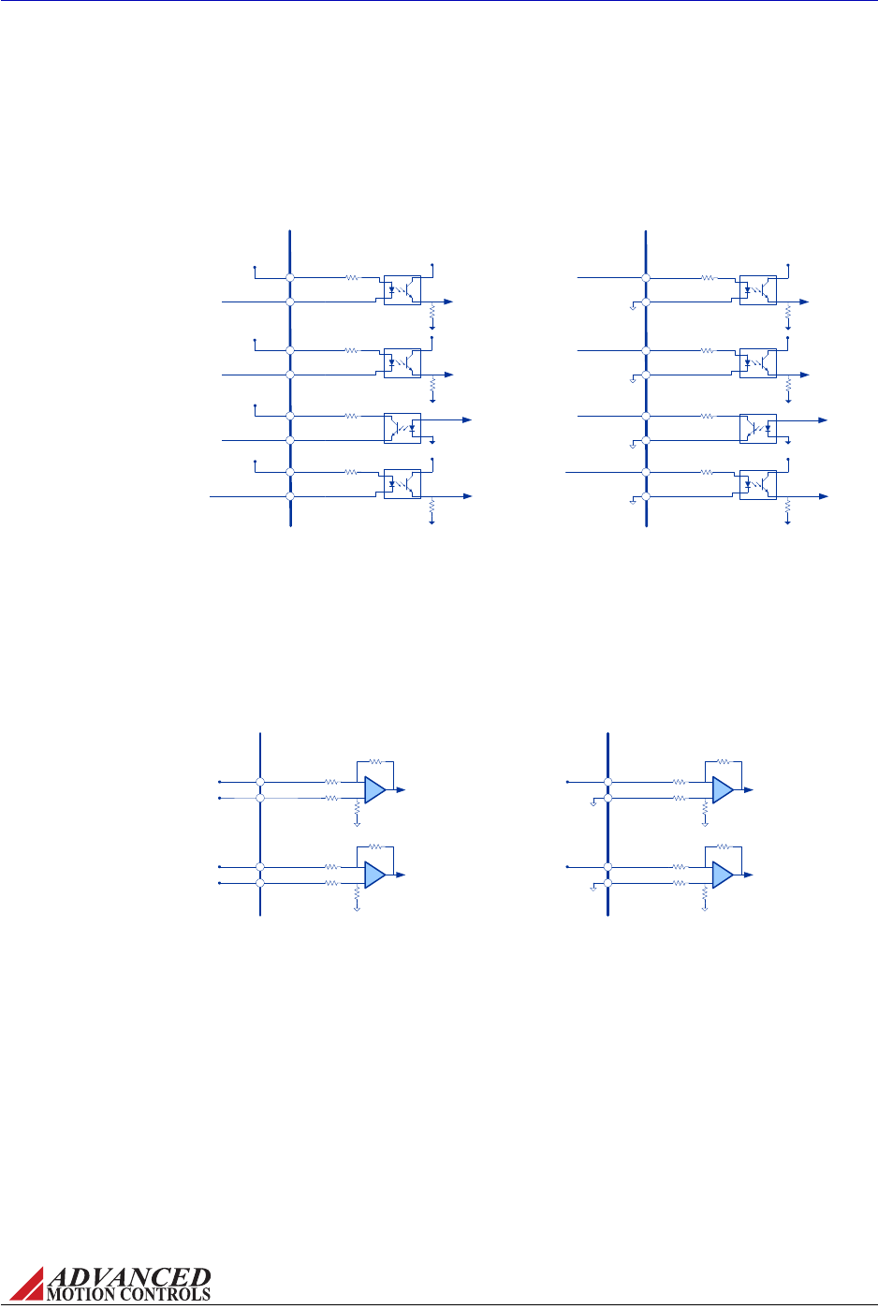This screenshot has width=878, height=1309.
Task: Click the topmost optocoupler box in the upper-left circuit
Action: (402, 289)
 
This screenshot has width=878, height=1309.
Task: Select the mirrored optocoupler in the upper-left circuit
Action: (402, 428)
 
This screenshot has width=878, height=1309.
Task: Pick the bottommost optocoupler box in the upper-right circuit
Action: (757, 483)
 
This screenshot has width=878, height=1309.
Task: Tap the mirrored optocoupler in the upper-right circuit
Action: (757, 428)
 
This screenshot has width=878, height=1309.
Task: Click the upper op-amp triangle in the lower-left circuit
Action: (374, 789)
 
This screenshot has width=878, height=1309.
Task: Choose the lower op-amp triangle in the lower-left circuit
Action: (374, 875)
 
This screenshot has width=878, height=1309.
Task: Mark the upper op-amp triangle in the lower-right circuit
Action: (723, 789)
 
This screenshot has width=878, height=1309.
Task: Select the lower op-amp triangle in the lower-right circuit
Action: (723, 875)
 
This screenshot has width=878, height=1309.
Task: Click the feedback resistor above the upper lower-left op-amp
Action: (375, 762)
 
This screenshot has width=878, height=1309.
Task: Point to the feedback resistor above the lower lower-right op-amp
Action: (724, 846)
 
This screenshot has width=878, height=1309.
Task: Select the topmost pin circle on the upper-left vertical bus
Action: (290, 277)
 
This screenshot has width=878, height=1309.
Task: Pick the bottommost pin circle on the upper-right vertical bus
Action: (645, 496)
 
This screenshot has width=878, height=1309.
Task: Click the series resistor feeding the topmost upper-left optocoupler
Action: (351, 277)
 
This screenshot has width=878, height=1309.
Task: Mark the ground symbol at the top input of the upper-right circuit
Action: (634, 307)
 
